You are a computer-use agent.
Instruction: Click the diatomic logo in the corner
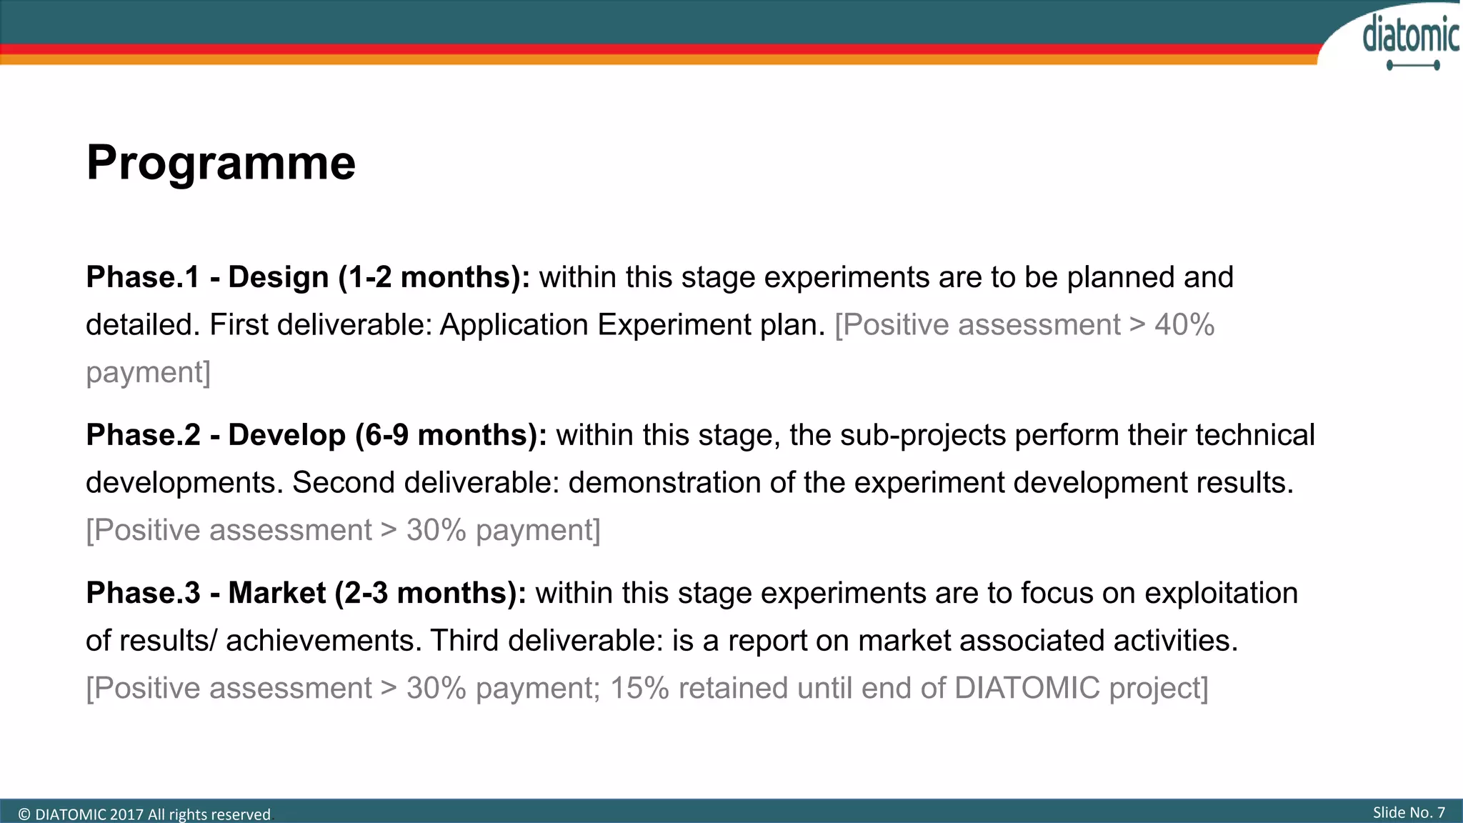(x=1410, y=40)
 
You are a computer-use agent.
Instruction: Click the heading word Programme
(x=221, y=163)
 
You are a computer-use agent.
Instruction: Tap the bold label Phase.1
(x=143, y=277)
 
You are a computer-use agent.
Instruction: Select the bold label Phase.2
(x=143, y=435)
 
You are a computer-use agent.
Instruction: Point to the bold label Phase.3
(x=143, y=593)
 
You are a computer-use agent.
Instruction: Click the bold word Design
(x=279, y=277)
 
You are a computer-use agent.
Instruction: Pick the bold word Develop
(x=287, y=435)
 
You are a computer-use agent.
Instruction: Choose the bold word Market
(x=277, y=593)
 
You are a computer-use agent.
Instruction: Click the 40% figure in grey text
(x=1184, y=325)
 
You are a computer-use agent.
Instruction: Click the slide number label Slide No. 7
(x=1409, y=812)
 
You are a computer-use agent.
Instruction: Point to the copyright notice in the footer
(x=144, y=814)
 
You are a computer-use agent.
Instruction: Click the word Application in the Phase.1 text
(x=514, y=325)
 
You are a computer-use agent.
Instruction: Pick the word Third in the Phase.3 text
(x=464, y=641)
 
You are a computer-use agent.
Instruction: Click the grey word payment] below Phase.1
(x=149, y=373)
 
